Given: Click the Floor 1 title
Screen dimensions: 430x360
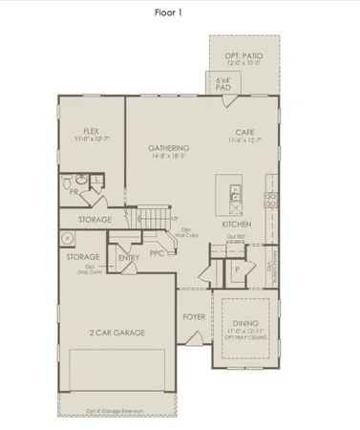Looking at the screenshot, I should (x=179, y=13).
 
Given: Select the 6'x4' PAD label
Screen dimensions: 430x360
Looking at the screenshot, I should (x=224, y=82).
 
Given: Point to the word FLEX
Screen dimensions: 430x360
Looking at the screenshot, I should (x=92, y=131).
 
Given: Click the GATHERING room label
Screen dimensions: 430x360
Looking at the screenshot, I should (x=168, y=148).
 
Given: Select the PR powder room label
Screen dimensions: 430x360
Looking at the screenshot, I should (x=74, y=192).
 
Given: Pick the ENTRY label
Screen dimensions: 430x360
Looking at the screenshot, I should (x=129, y=257).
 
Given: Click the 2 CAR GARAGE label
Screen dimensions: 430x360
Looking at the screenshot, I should (x=116, y=333).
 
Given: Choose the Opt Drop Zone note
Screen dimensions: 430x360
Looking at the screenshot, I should (x=83, y=271).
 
